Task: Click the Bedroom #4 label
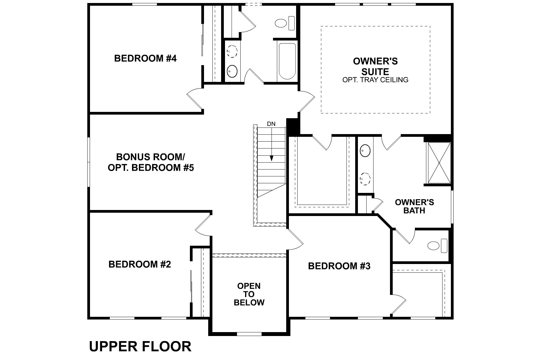(x=145, y=58)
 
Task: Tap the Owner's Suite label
(x=375, y=66)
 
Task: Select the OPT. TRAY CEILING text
(x=375, y=80)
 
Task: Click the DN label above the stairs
(x=271, y=124)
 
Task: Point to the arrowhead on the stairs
(x=271, y=158)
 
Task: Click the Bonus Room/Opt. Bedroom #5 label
(x=151, y=162)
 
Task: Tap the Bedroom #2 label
(x=139, y=264)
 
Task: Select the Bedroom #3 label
(x=339, y=266)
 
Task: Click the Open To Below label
(x=249, y=294)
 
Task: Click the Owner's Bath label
(x=414, y=206)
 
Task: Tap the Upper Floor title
(x=140, y=346)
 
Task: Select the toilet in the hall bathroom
(x=285, y=23)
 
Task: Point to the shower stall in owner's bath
(x=439, y=163)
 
